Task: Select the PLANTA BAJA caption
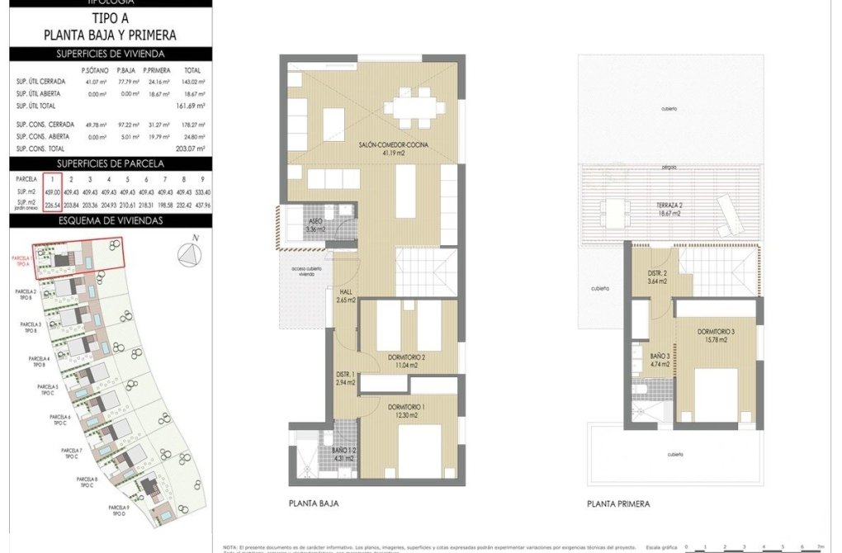[x=314, y=503]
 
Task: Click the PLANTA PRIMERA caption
[x=618, y=503]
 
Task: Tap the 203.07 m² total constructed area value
[x=191, y=149]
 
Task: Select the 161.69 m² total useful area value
[x=191, y=106]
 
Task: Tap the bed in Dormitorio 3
[x=715, y=394]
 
